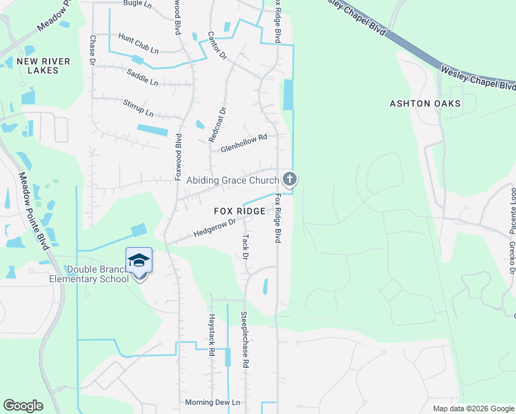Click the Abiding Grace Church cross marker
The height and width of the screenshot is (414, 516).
point(290,180)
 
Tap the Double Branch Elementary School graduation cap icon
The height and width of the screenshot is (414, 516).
point(139,260)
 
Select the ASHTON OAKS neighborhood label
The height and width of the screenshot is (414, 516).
point(425,103)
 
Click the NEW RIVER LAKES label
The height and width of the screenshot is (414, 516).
point(43,67)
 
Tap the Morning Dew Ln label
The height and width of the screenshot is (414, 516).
point(212,402)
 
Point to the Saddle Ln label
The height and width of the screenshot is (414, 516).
point(142,77)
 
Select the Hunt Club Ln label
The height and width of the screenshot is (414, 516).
point(138,43)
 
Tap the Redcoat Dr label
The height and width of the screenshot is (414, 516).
point(222,123)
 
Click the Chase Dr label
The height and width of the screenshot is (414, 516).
point(93,50)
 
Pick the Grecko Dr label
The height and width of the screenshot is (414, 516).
point(513,258)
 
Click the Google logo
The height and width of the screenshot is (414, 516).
point(23,406)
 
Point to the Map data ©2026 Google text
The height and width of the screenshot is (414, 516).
point(473,408)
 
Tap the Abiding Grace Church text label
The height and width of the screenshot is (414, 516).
point(232,181)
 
